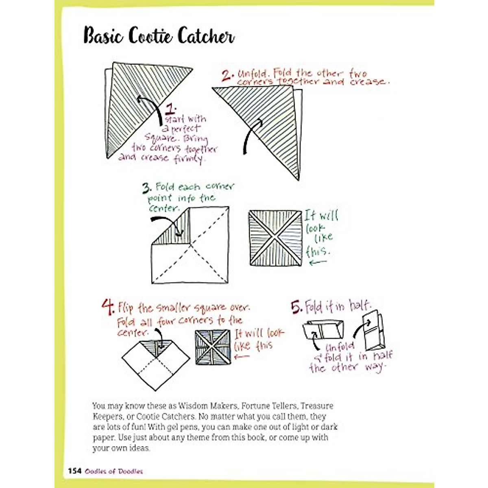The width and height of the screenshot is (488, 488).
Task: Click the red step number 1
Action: click(171, 109)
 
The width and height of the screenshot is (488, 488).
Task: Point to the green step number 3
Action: click(147, 188)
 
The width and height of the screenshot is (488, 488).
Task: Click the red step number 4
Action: click(107, 308)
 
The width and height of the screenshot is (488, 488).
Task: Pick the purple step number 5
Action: click(296, 307)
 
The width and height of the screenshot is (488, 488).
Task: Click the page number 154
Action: click(75, 471)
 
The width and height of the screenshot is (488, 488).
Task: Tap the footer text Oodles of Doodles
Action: click(114, 471)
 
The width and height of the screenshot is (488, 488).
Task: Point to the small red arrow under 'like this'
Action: click(242, 357)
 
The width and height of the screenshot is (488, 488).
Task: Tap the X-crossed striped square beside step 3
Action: click(276, 238)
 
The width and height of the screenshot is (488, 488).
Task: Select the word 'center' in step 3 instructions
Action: click(164, 209)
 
